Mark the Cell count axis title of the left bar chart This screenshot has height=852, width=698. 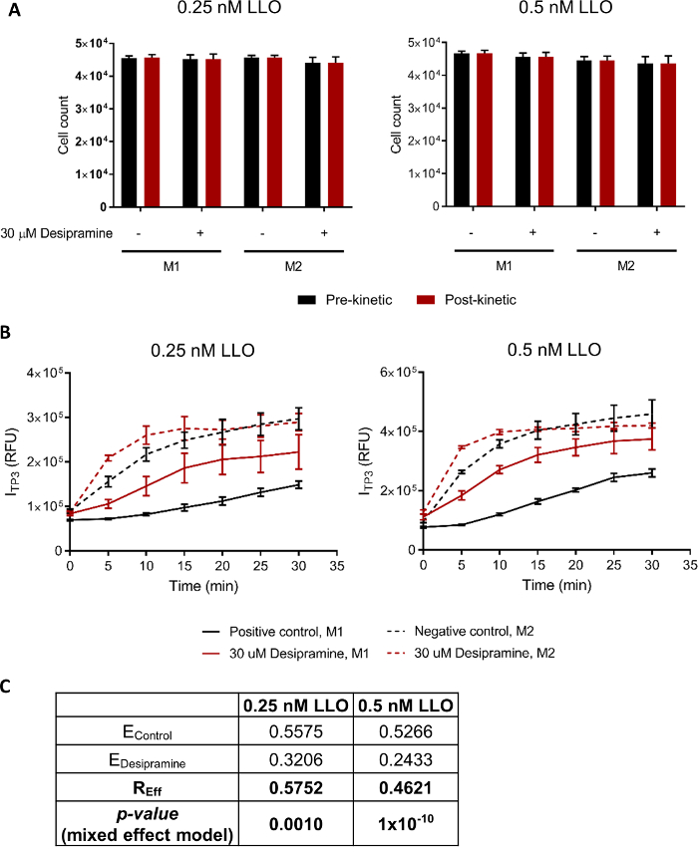pyautogui.click(x=64, y=125)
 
